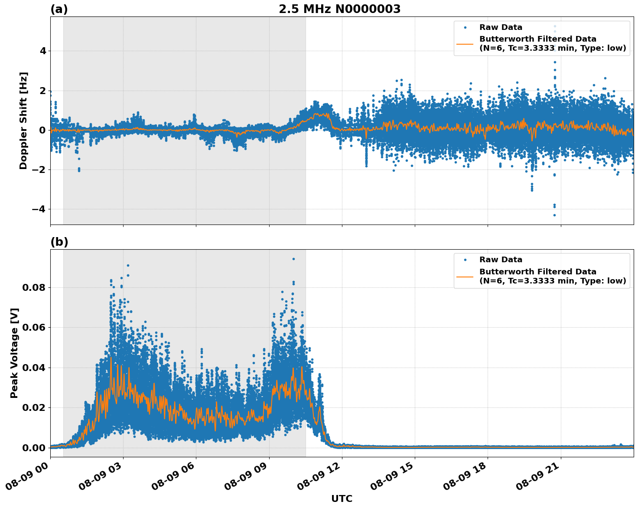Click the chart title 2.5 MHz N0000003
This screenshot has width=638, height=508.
[339, 9]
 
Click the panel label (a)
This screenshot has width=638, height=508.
[59, 9]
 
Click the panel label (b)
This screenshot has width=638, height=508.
[59, 242]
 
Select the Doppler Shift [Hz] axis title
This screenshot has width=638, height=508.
[23, 120]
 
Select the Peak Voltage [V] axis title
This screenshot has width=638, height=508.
[14, 353]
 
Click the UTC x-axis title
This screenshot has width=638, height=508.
[342, 498]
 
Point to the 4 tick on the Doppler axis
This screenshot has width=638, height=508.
[43, 51]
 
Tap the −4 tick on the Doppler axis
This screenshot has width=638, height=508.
[39, 209]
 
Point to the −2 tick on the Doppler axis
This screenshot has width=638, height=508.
[39, 170]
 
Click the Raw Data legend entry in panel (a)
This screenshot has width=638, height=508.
[501, 27]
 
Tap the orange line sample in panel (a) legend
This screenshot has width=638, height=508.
[465, 44]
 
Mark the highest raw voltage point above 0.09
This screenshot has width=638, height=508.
[293, 259]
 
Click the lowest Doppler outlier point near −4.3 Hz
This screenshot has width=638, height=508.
[554, 215]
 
